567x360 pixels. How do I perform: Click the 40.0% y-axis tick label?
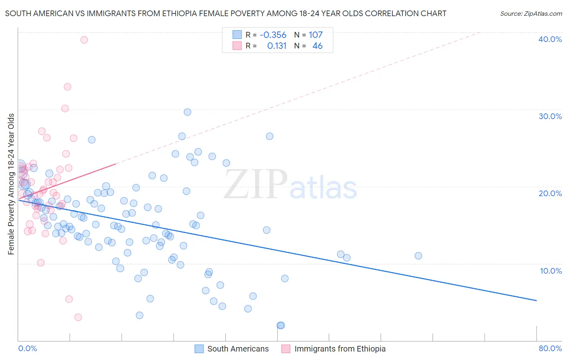tap(550, 39)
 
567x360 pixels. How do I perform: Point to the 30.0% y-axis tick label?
tap(550, 116)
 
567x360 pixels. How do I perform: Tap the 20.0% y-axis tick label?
tap(550, 193)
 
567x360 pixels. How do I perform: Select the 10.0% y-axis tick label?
tap(550, 271)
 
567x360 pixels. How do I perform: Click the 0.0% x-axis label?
tap(27, 348)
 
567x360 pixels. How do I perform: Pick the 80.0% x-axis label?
tap(550, 348)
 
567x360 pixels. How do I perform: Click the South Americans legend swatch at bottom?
tap(199, 349)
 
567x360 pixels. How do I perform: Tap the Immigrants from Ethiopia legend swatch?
tap(286, 349)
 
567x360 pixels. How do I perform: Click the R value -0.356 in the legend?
tap(273, 35)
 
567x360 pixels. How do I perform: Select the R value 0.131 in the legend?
tap(277, 46)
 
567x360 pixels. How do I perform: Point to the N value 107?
tap(316, 35)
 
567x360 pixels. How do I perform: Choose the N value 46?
tap(317, 46)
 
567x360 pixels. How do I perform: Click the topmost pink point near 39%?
tap(84, 40)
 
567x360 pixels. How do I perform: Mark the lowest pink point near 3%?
tap(78, 317)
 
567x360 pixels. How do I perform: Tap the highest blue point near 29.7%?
tap(188, 112)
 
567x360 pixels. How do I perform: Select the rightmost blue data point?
tap(418, 255)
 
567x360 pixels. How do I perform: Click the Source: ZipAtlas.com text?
tap(531, 14)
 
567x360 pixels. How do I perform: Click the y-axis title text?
tap(11, 184)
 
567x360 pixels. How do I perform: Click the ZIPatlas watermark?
tap(290, 185)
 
